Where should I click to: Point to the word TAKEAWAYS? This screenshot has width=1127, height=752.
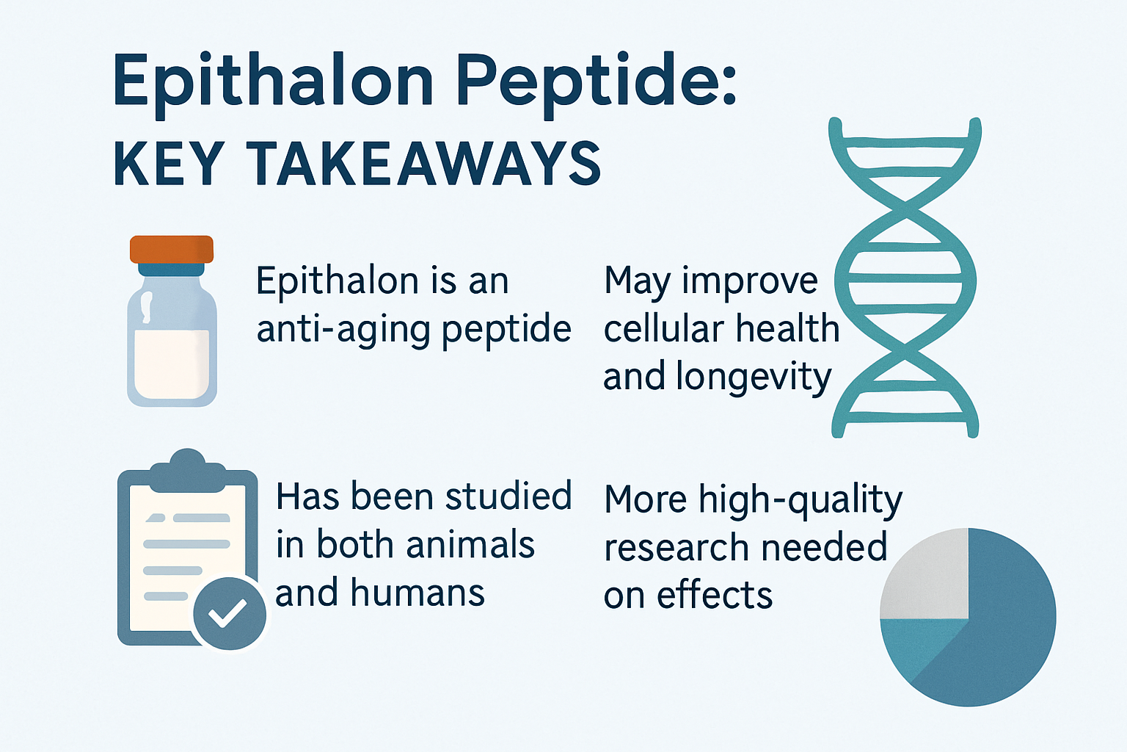423,163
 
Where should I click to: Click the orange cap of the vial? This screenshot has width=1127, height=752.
172,249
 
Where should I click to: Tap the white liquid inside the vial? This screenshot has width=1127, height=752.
172,364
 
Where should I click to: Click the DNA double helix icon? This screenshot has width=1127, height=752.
906,279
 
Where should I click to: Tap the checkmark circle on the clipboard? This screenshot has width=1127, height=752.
229,614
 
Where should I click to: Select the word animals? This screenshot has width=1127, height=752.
470,545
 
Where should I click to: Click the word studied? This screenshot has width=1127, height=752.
508,497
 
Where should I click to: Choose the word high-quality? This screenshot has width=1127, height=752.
800,500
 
